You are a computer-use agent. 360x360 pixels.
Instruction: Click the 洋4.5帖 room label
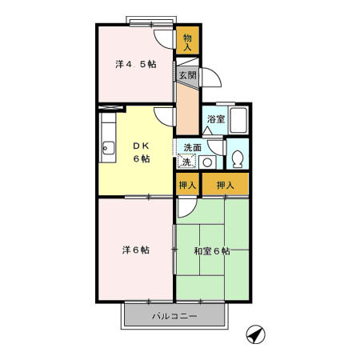coord(134,65)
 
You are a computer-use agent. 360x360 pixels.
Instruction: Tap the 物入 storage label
coord(188,42)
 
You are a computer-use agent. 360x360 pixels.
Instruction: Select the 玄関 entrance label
coord(186,75)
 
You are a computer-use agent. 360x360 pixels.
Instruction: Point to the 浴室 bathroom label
coord(216,119)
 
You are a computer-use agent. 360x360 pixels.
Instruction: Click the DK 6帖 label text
coord(142,151)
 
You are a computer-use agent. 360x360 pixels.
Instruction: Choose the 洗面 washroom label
coord(192,147)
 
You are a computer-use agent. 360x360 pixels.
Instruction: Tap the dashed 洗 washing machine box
coord(186,162)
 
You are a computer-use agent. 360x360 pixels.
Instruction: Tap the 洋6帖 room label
coord(135,250)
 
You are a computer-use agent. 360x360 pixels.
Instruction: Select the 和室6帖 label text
coord(211,250)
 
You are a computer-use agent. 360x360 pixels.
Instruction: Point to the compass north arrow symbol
coord(255,334)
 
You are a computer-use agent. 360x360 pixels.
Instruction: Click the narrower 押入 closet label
coord(187,186)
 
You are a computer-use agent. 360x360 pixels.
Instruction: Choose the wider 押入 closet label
coord(225,186)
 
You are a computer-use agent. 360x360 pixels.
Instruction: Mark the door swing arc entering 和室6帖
coord(186,207)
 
